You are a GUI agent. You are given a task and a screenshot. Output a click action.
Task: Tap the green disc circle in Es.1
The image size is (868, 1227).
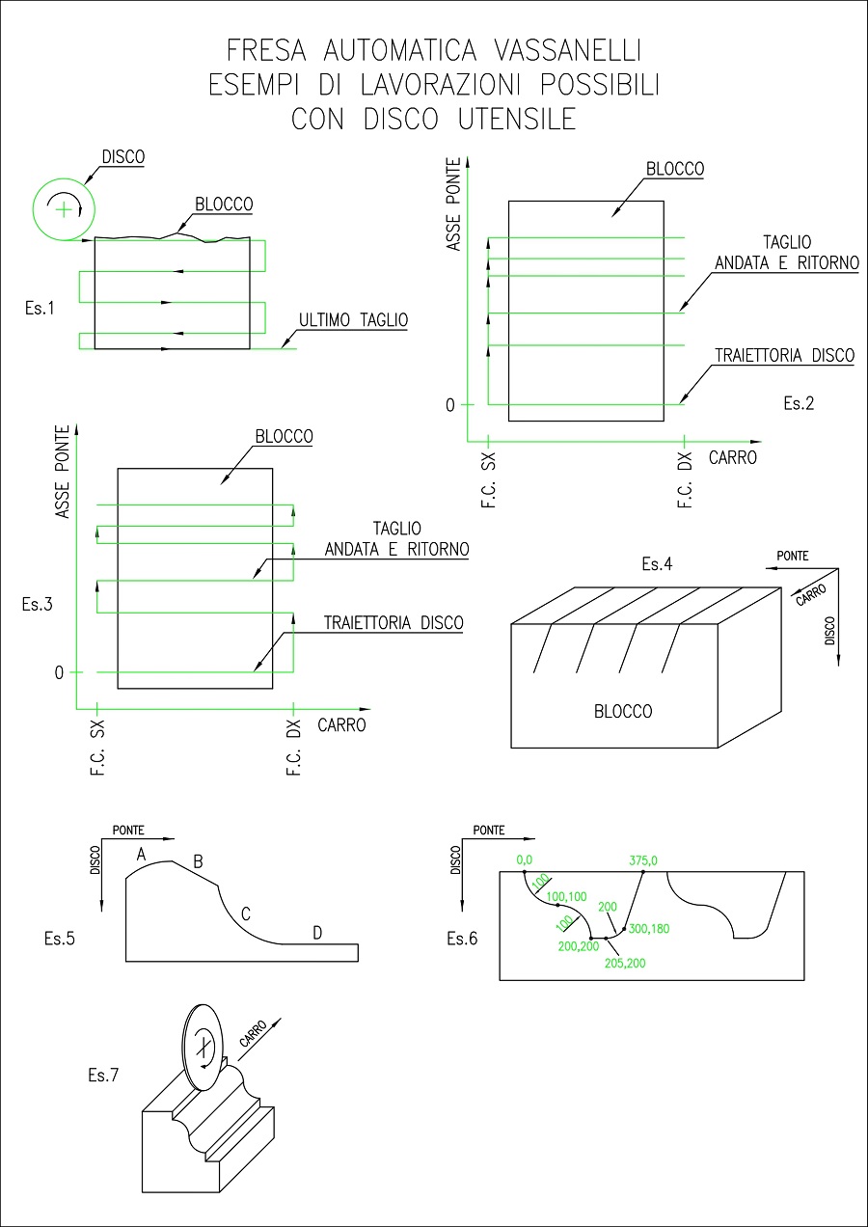64,208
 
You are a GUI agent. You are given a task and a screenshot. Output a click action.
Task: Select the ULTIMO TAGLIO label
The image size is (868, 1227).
353,320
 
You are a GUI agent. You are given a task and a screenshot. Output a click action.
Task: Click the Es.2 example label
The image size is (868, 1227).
798,404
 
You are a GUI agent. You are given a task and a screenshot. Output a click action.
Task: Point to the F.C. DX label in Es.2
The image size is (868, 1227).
686,480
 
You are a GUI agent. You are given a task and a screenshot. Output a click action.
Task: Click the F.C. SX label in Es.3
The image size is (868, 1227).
96,750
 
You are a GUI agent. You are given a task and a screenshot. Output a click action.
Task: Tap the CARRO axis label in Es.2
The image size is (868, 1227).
733,457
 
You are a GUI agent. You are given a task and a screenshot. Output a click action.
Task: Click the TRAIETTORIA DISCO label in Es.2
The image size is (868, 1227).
784,356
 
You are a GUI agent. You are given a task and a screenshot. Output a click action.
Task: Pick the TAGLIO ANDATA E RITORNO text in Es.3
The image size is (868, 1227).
396,539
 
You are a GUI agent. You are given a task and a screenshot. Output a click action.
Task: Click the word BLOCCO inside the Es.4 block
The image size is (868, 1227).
623,712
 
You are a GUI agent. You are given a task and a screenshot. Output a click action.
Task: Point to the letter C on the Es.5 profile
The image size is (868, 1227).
245,913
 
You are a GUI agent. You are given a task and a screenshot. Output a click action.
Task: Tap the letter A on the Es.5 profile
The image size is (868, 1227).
141,854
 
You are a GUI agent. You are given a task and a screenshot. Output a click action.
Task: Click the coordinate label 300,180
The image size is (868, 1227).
648,929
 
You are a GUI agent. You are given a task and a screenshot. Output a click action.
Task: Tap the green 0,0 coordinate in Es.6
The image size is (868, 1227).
525,859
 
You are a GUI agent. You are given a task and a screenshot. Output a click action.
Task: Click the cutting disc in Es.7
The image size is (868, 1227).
202,1046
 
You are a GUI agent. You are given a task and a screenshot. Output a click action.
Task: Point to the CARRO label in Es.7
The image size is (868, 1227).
254,1037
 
